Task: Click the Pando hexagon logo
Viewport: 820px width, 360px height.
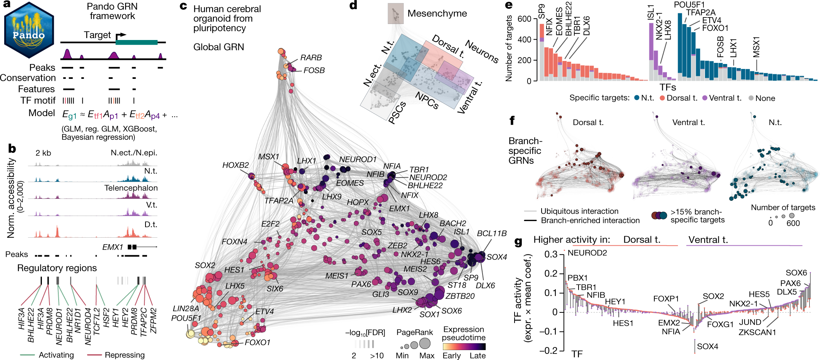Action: point(29,30)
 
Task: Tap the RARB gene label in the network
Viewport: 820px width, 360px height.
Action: point(311,58)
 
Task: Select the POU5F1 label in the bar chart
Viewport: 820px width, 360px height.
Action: point(689,5)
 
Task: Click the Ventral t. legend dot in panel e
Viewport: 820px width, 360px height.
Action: point(705,98)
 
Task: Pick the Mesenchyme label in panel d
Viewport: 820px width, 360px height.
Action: point(437,14)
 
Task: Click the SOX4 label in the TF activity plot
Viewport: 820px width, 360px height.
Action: point(707,347)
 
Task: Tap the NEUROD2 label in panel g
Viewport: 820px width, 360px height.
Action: point(587,253)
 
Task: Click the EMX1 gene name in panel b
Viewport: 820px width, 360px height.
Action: point(112,247)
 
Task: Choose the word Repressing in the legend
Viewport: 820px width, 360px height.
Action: point(125,355)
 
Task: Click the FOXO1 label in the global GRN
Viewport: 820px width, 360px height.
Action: point(257,342)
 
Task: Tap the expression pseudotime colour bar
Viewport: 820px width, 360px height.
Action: point(464,347)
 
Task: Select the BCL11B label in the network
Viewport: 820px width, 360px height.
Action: point(492,233)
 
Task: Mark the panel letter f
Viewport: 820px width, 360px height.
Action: point(512,121)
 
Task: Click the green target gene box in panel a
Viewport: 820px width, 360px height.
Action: point(136,42)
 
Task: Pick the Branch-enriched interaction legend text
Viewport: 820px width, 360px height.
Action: point(590,221)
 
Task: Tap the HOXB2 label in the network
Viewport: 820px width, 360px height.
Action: point(235,165)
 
